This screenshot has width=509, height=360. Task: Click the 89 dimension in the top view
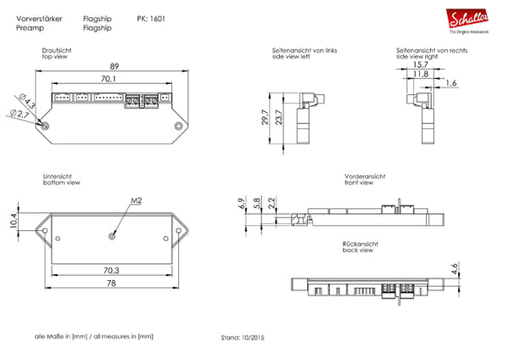[x=114, y=67]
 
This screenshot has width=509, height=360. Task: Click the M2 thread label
[x=137, y=200]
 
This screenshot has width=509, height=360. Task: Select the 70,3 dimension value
[x=111, y=270]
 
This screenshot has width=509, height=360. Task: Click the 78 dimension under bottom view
[x=111, y=284]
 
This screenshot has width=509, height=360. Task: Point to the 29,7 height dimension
[x=264, y=116]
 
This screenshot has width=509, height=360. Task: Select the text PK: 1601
[x=152, y=18]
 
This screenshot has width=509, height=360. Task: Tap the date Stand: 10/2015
[x=243, y=336]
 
